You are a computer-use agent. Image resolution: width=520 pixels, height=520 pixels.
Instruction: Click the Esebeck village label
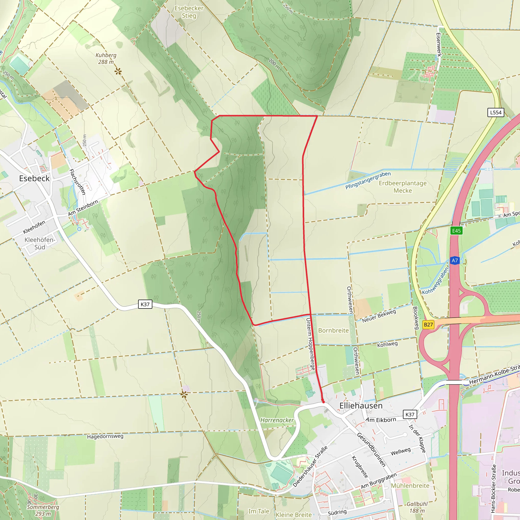35,178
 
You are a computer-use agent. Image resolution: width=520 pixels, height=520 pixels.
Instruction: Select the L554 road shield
496,112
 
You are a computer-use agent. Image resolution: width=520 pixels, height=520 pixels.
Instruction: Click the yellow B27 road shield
428,324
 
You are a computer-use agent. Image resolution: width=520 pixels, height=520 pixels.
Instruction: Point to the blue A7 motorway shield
454,261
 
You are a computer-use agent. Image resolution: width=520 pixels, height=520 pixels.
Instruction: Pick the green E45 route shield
457,231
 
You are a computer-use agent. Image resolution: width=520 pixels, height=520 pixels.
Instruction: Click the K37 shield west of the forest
145,304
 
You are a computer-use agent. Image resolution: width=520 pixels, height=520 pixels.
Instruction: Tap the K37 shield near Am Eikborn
410,414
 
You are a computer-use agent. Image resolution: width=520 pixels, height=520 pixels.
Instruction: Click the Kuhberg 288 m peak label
106,58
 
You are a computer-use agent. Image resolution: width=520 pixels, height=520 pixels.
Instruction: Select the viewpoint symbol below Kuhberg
118,72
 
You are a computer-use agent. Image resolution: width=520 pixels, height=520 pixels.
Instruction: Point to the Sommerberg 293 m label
43,510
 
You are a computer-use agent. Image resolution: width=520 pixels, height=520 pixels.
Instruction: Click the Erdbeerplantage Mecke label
403,187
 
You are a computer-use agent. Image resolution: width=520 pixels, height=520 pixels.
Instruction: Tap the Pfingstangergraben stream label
368,180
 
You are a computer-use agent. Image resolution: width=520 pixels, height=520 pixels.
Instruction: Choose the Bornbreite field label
333,331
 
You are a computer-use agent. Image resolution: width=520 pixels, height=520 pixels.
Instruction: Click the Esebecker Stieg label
189,12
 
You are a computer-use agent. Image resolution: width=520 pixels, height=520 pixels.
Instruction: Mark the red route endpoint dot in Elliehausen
323,402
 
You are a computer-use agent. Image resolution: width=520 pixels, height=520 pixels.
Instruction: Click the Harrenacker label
277,420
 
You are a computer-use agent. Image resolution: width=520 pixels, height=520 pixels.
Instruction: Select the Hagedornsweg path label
105,436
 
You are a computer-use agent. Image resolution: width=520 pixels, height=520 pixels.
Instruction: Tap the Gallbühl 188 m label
417,507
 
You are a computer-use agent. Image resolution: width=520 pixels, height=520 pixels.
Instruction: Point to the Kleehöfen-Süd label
40,243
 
